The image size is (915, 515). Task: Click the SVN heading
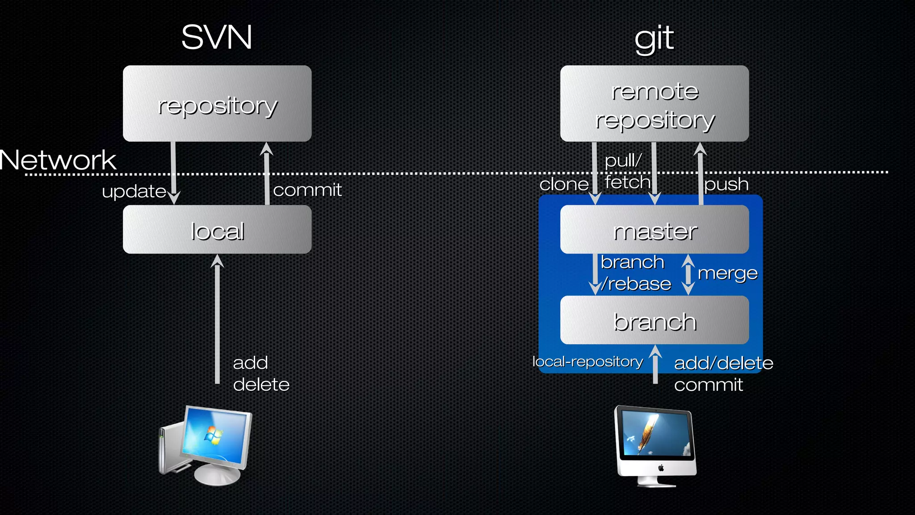click(x=217, y=37)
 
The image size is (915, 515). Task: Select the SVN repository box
click(x=217, y=104)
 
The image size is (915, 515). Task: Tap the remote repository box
click(x=655, y=104)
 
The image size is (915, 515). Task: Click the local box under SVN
click(x=217, y=230)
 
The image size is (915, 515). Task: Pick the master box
click(x=655, y=230)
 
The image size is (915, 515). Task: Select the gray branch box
click(x=655, y=320)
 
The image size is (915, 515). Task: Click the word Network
click(x=58, y=160)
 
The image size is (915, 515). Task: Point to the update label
click(x=134, y=191)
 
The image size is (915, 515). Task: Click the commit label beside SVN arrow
click(x=307, y=190)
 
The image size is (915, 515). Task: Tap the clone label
click(x=564, y=184)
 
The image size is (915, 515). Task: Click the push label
click(x=726, y=184)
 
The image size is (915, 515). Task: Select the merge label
click(x=727, y=274)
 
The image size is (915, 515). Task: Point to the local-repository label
click(x=588, y=361)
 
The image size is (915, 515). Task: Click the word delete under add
click(x=261, y=384)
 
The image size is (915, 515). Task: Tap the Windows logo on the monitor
click(x=214, y=435)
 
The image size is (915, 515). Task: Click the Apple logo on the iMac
click(x=661, y=468)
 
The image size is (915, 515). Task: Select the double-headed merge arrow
click(x=688, y=274)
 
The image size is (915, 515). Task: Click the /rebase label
click(x=636, y=284)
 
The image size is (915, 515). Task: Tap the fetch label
click(x=627, y=182)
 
